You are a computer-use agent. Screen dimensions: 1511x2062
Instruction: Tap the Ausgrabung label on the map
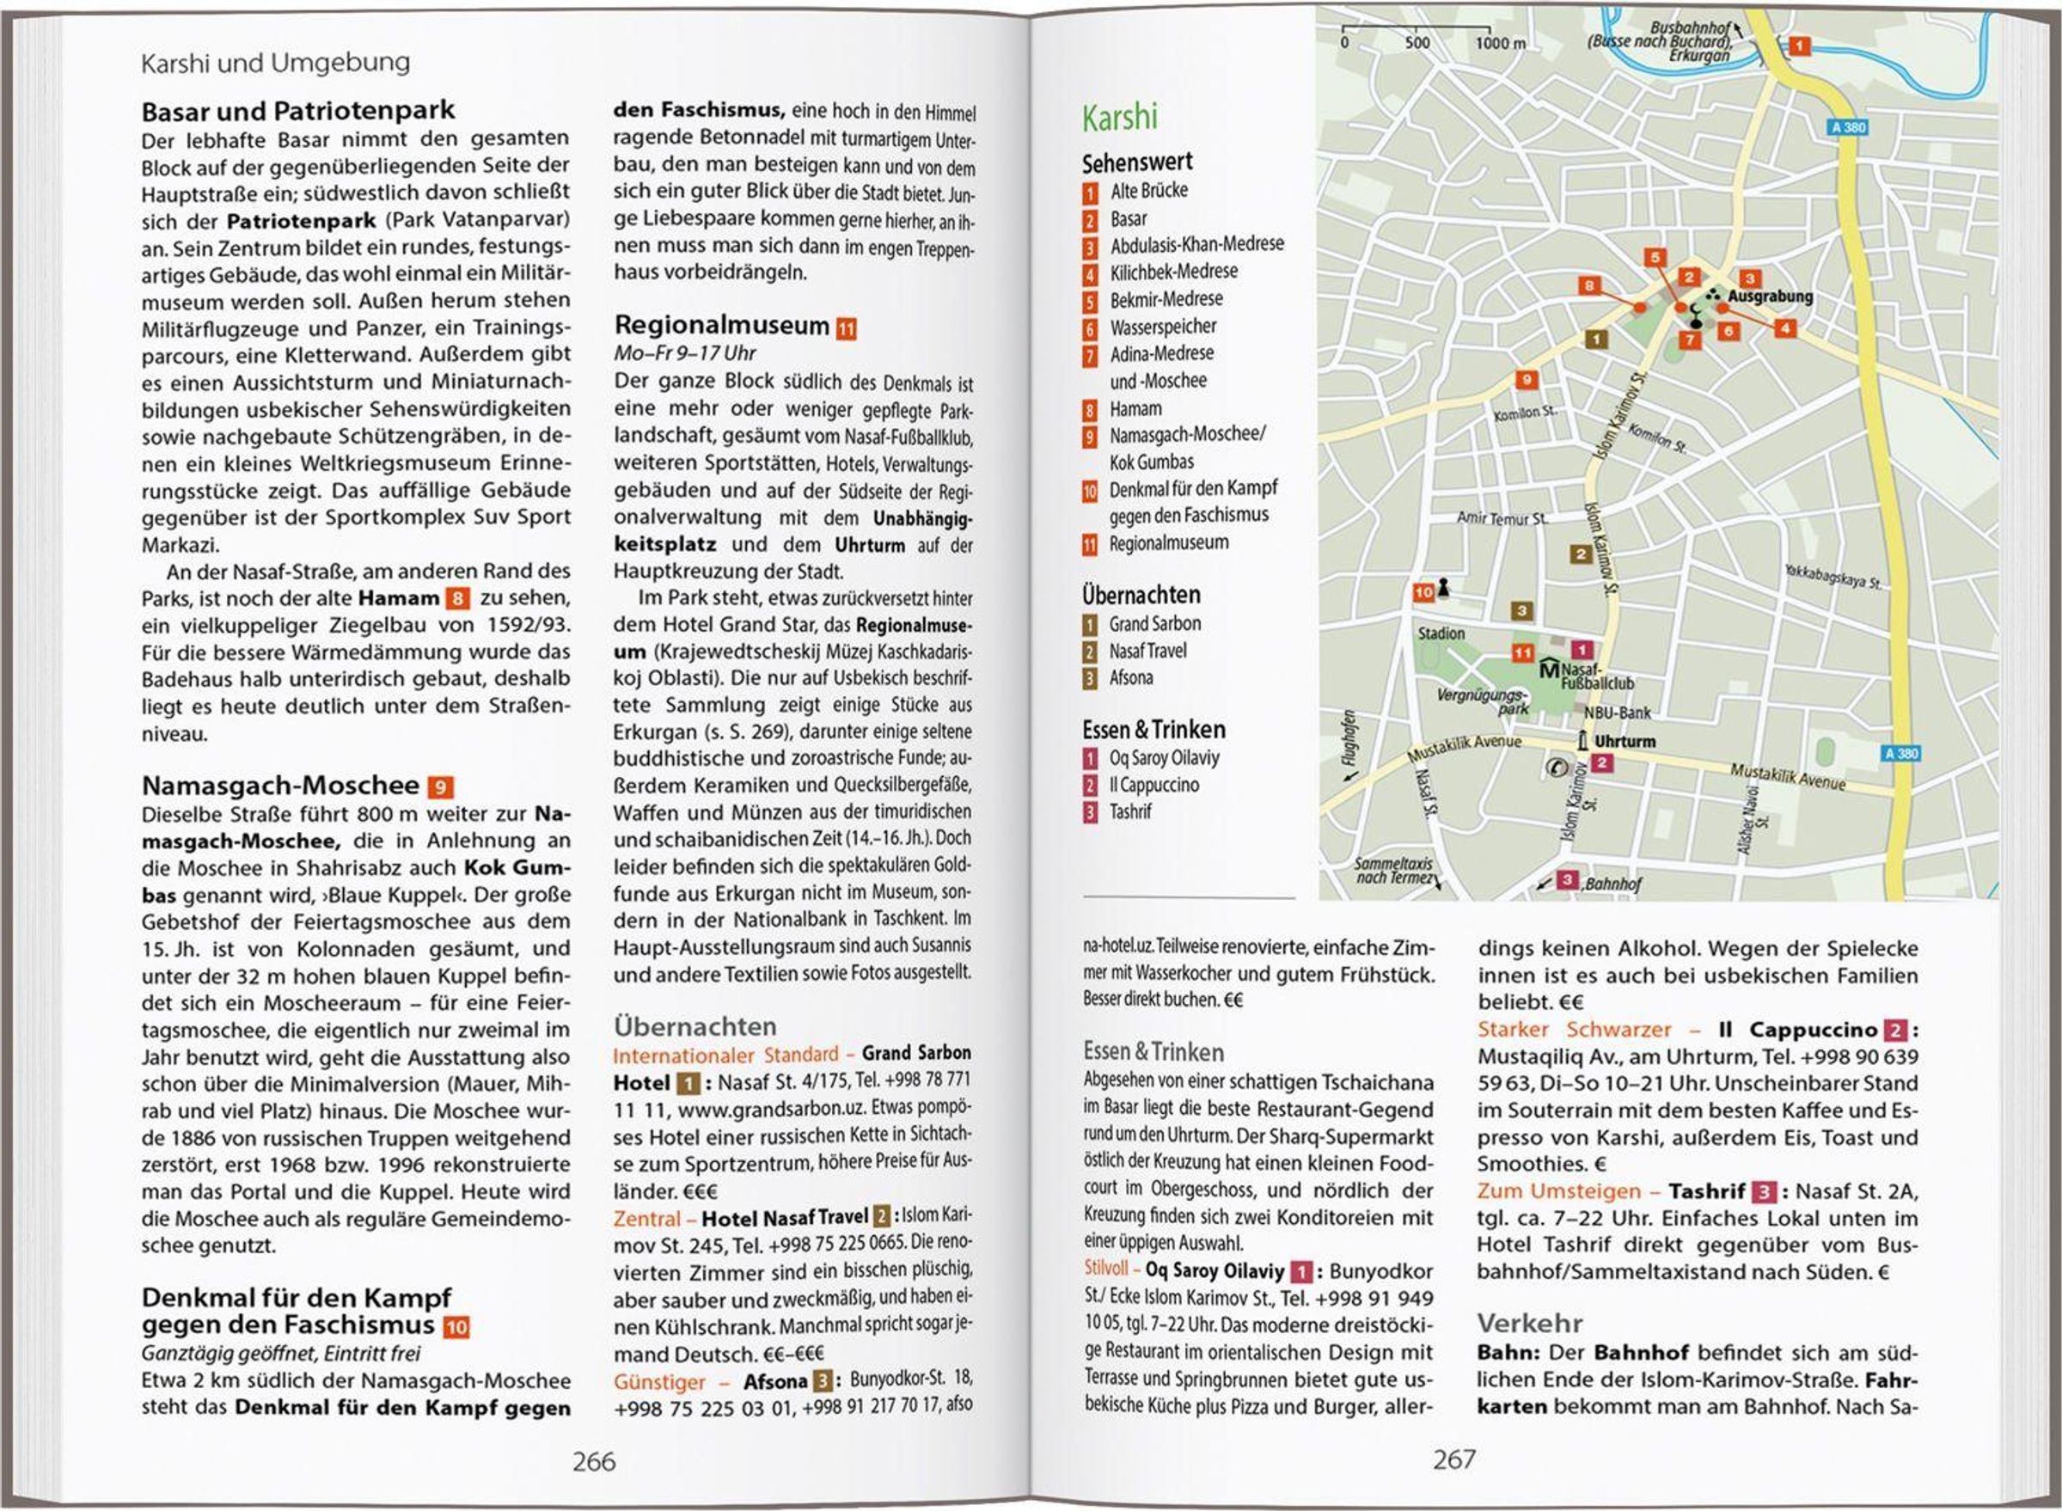tap(1770, 297)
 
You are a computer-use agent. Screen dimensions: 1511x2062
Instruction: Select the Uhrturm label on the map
tap(1624, 741)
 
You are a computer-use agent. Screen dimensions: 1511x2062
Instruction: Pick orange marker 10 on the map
tap(1423, 592)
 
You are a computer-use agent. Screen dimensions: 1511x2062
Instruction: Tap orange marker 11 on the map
tap(1521, 652)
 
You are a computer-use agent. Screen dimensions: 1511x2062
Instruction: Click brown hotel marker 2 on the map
tap(1581, 554)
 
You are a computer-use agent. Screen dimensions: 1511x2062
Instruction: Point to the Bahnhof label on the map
tap(1613, 884)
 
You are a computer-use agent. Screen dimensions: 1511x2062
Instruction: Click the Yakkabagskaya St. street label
tap(1833, 577)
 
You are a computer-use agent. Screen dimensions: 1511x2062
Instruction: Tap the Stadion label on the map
tap(1441, 633)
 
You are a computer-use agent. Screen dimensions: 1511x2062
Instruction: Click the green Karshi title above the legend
tap(1119, 118)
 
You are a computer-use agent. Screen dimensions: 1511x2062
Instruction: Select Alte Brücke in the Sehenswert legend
tap(1148, 190)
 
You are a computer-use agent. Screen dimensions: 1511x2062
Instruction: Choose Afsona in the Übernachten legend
tap(1131, 678)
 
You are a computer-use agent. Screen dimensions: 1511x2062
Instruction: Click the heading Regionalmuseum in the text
tap(721, 325)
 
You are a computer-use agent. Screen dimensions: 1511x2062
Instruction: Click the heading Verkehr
tap(1529, 1323)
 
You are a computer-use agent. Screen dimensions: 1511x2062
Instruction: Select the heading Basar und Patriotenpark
tap(298, 111)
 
